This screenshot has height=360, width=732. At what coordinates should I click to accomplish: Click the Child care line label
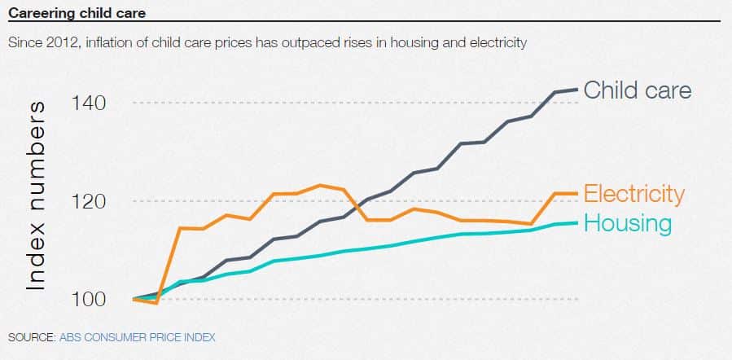coord(638,90)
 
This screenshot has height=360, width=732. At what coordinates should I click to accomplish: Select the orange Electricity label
coord(634,194)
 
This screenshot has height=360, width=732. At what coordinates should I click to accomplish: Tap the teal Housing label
coord(628,223)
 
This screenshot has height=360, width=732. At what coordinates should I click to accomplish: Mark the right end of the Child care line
coord(577,90)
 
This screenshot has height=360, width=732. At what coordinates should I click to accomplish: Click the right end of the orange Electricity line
coord(577,193)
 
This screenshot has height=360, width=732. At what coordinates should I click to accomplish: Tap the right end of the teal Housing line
coord(577,222)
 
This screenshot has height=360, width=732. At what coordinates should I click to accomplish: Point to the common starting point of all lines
coord(134,299)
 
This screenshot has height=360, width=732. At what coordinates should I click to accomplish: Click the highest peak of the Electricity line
coord(320,186)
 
